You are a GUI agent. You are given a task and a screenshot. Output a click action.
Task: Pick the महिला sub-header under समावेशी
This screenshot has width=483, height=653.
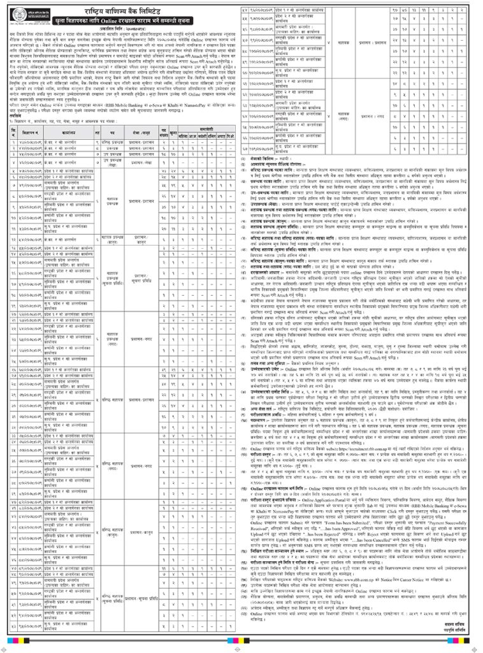(182, 135)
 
